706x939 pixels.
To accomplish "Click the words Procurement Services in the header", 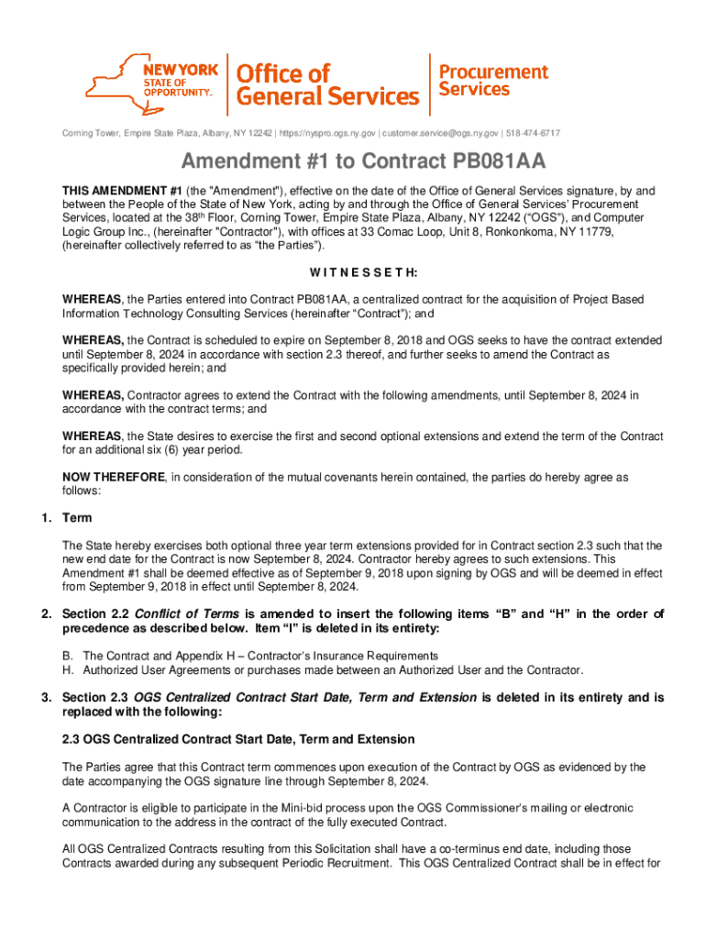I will pos(493,80).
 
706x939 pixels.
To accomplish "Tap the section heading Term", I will pos(77,518).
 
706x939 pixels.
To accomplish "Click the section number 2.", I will pos(46,613).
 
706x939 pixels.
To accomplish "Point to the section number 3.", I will pos(46,698).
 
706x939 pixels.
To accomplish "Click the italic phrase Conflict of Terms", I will pos(187,613).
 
